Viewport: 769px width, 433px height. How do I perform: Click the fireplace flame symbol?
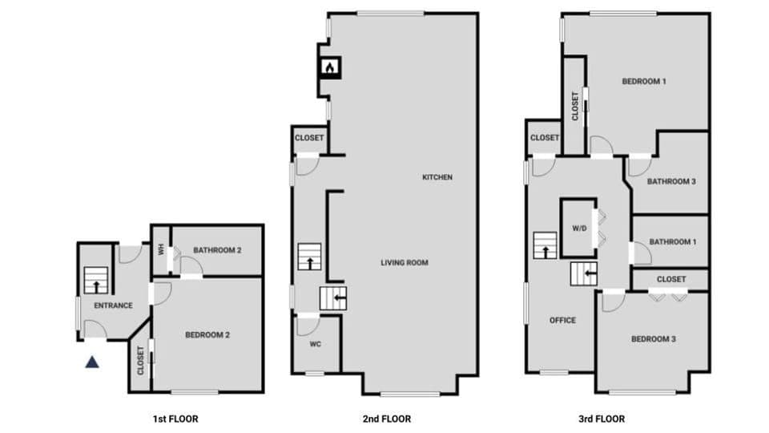(x=329, y=68)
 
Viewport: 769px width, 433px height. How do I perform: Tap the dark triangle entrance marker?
(x=93, y=362)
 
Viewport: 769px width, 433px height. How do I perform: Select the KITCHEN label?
(x=437, y=177)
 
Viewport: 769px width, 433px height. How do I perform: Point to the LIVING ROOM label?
(x=404, y=262)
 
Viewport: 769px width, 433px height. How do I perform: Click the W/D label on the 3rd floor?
(x=579, y=229)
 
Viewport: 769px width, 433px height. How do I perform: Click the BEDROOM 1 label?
(x=645, y=82)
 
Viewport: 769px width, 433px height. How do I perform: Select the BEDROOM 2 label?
(x=207, y=335)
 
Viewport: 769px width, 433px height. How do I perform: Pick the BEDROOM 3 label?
(x=653, y=339)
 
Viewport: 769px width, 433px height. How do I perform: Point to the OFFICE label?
(x=562, y=321)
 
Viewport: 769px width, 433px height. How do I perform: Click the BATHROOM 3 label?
(x=671, y=182)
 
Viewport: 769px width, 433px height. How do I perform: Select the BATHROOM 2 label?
(x=217, y=250)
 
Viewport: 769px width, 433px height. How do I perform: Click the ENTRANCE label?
(x=113, y=306)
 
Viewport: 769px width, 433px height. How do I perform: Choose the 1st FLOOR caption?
(x=175, y=419)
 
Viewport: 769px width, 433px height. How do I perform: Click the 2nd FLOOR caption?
(x=387, y=419)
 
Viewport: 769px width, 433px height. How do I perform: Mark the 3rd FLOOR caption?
(x=601, y=419)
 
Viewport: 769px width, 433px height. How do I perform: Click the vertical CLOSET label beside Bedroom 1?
(x=575, y=106)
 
